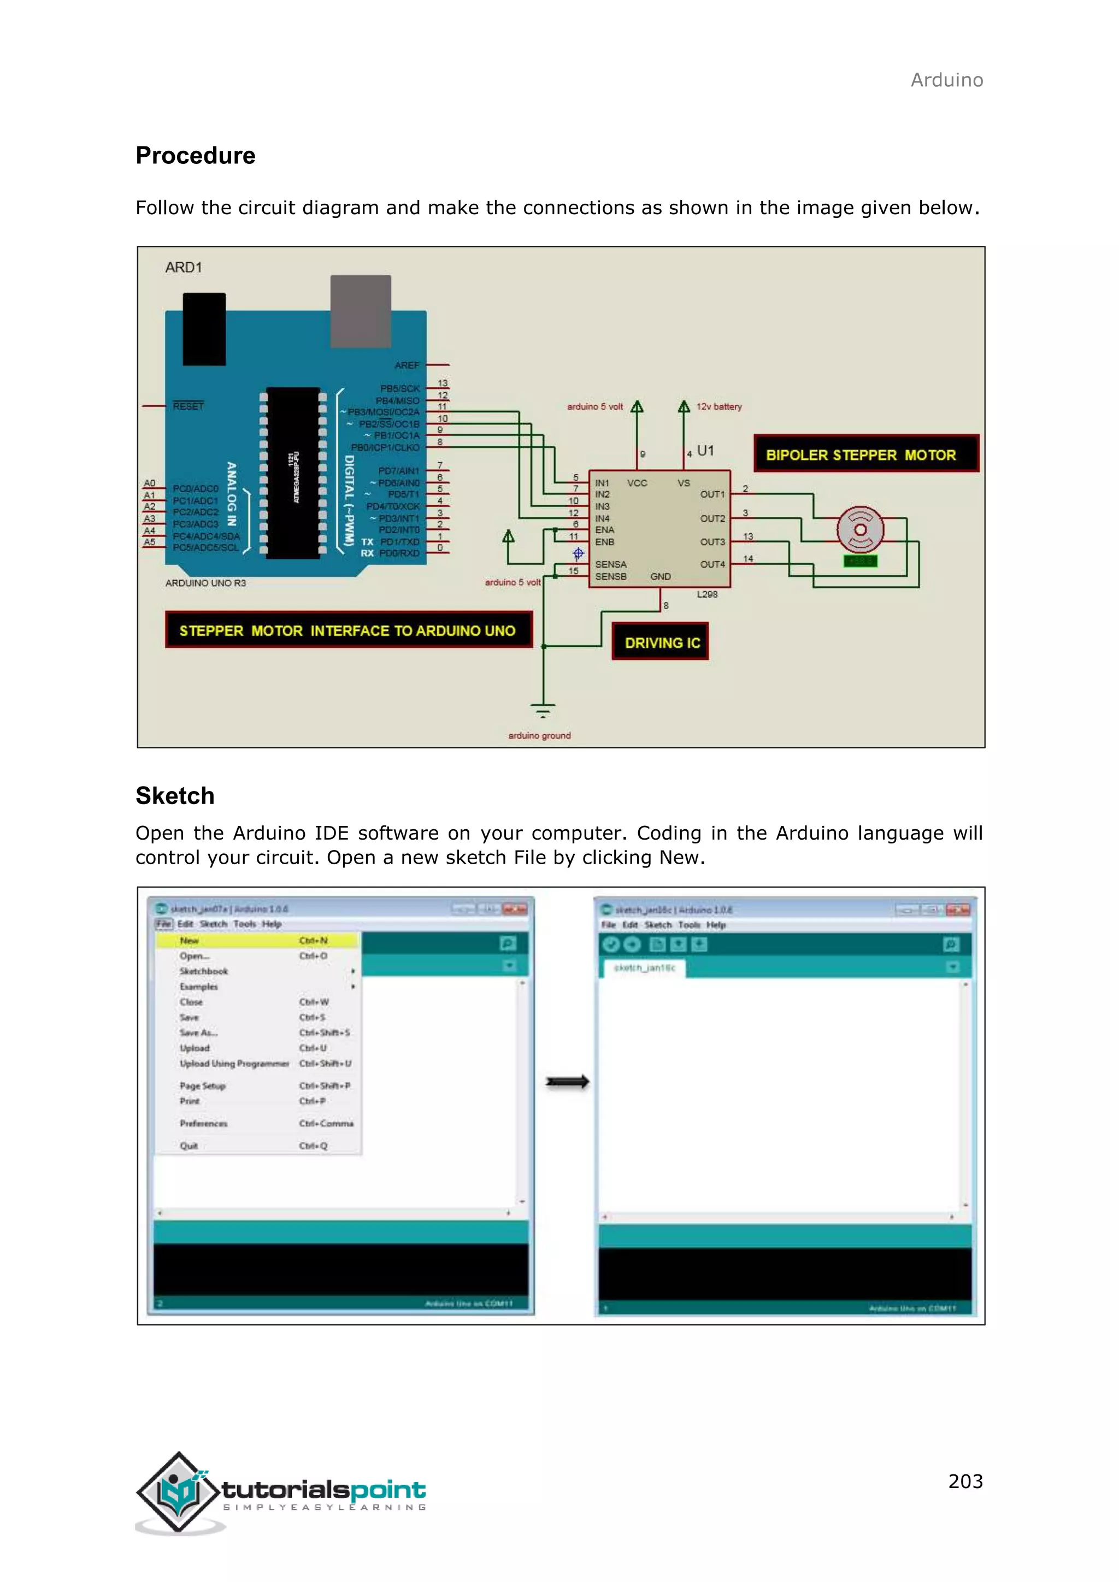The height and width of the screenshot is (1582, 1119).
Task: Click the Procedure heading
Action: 195,156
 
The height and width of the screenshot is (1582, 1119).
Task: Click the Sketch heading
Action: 175,796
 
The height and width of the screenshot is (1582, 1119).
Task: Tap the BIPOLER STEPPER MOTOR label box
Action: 865,454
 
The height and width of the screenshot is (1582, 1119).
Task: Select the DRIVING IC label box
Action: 660,642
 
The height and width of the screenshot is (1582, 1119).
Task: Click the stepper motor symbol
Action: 860,529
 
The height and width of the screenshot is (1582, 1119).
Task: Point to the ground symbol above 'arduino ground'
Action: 543,710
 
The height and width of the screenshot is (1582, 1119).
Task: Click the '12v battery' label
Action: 718,406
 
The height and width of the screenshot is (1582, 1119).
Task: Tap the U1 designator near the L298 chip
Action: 705,451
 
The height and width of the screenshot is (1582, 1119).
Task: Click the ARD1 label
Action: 183,267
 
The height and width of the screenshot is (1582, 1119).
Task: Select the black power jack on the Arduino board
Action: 204,329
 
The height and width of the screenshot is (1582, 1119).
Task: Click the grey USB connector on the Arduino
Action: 361,311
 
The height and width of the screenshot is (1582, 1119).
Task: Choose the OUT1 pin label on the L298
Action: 712,494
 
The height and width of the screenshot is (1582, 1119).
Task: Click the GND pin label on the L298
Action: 660,576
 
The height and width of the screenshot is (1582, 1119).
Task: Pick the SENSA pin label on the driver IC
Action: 610,564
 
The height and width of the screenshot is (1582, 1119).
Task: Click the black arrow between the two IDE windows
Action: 567,1082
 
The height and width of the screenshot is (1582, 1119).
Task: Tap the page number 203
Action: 965,1481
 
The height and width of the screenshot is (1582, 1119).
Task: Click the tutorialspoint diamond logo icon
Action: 179,1490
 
